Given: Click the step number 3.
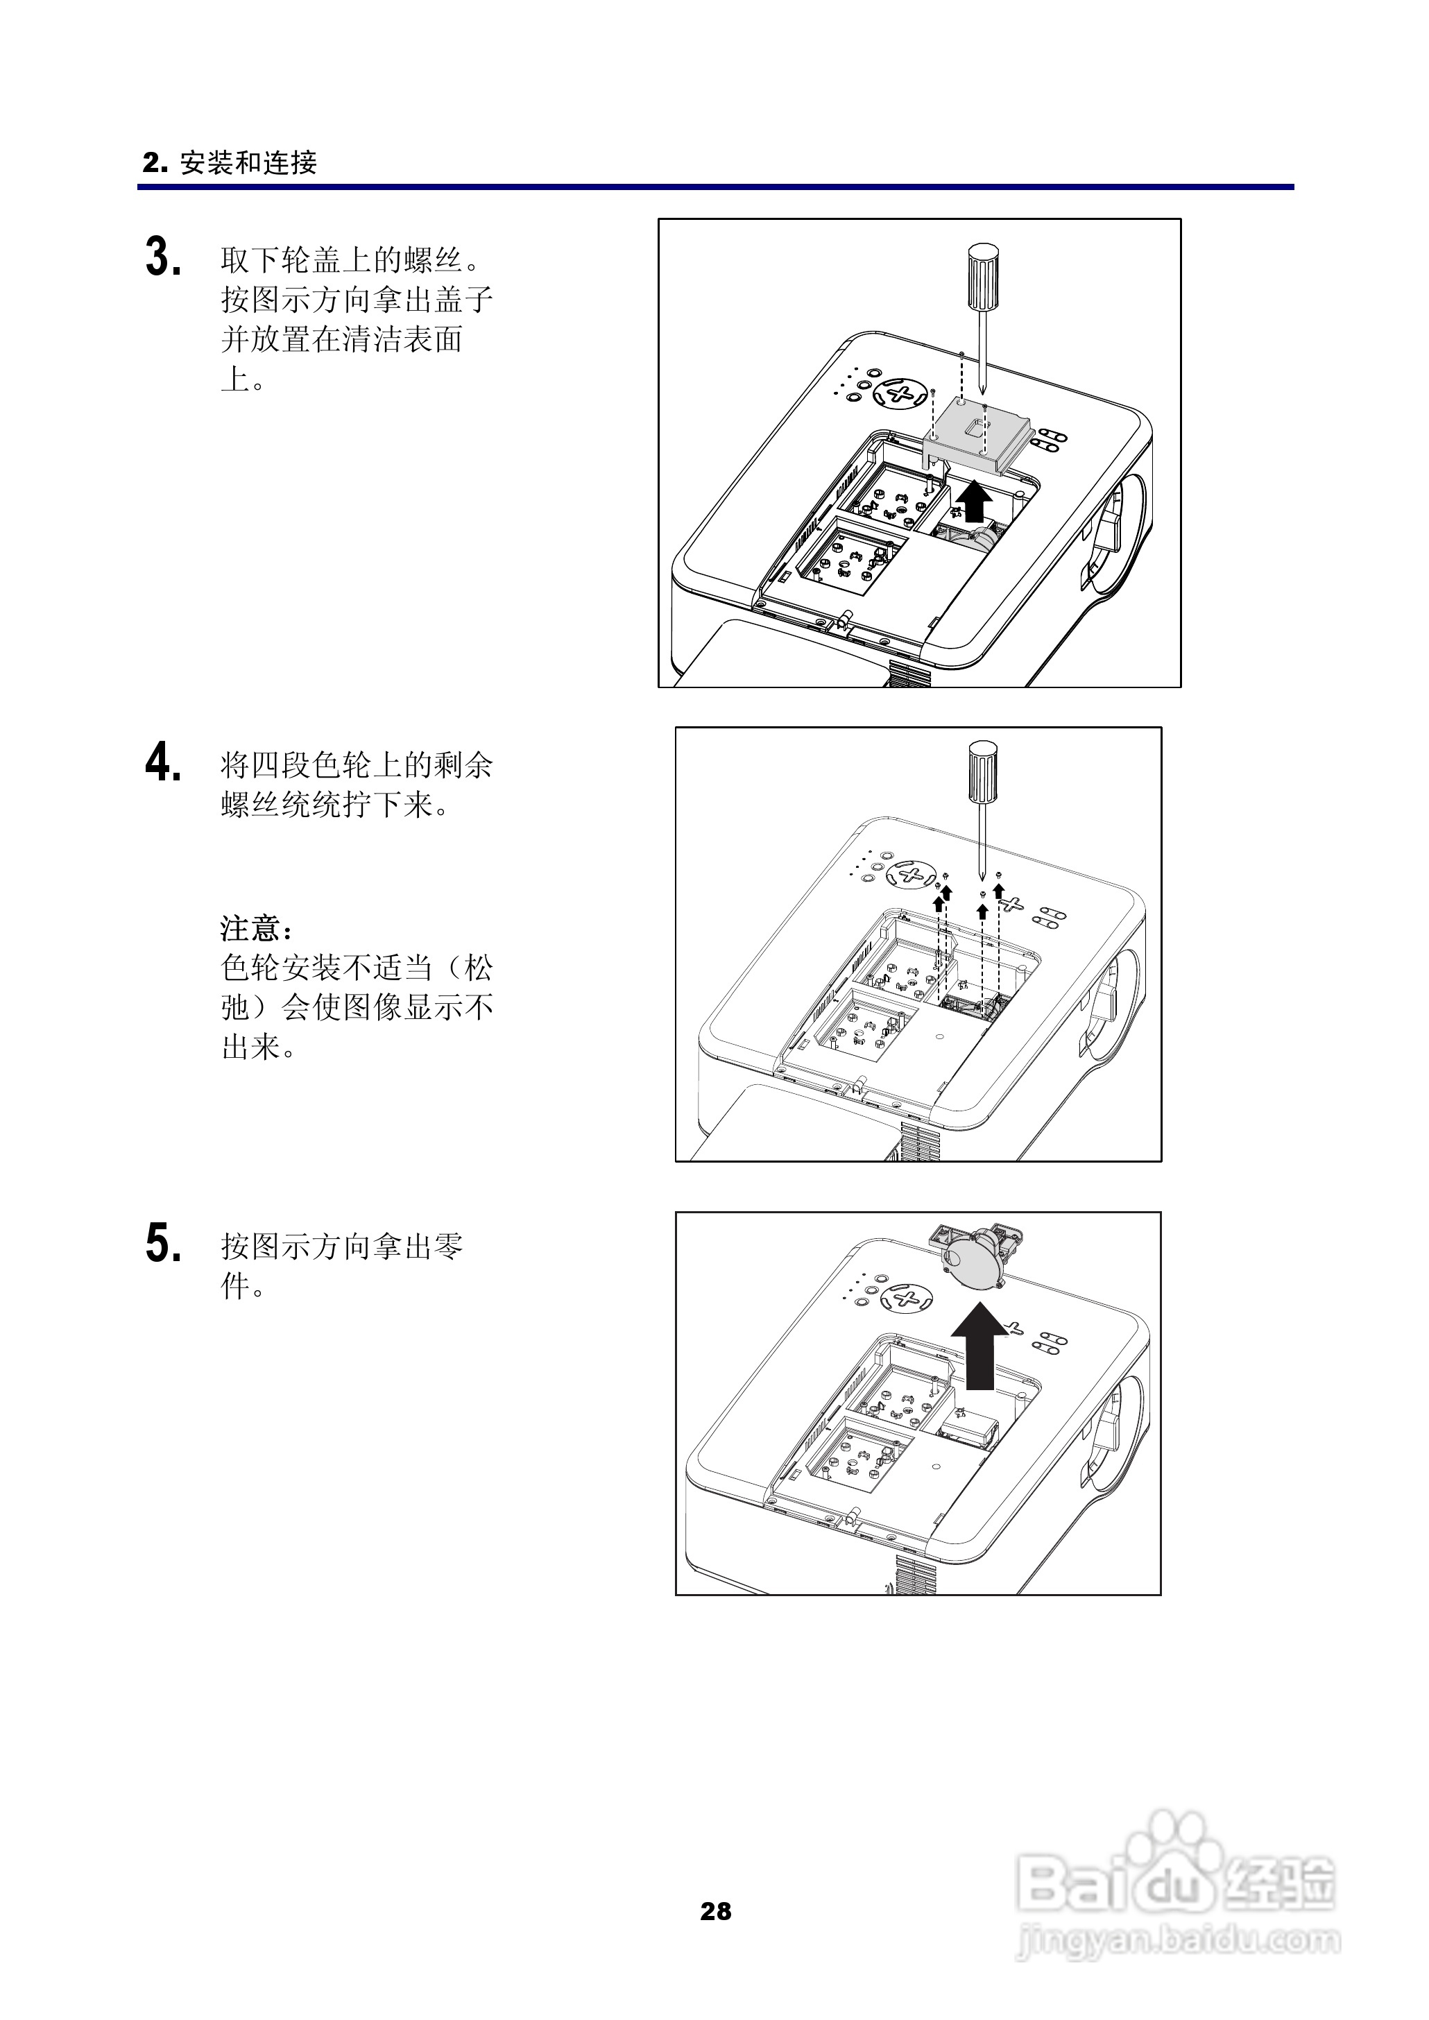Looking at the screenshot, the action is click(x=163, y=258).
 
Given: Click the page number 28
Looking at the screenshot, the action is click(x=715, y=1911).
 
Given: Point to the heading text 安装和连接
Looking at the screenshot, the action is click(x=248, y=163).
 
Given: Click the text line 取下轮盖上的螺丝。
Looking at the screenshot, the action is click(x=350, y=259).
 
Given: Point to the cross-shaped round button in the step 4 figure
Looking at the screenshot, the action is click(x=912, y=875).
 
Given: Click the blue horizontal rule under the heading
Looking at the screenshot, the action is click(x=715, y=187).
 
